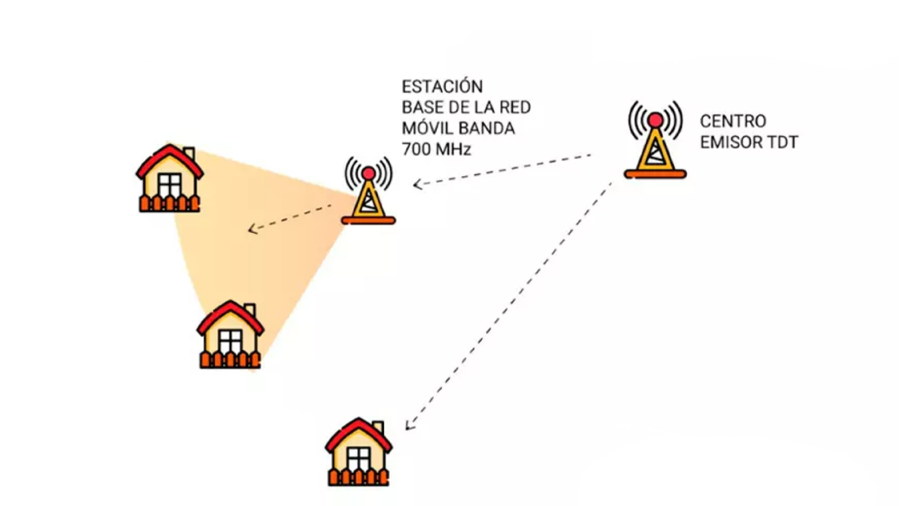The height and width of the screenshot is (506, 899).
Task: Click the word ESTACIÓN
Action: coord(442,87)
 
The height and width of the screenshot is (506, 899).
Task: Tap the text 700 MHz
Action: coord(436,149)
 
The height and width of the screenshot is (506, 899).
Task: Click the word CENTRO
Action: coord(733,121)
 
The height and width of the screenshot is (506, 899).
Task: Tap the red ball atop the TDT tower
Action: coord(656,120)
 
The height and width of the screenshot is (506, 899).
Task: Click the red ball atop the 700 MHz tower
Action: coord(368,173)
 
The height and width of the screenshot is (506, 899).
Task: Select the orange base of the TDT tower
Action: coord(655,175)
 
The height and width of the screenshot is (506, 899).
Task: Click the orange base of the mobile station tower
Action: coord(368,221)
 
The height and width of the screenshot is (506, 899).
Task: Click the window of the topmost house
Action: coord(169,185)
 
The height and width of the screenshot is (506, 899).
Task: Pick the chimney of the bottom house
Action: coord(378,427)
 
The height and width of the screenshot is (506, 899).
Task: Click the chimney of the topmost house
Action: coord(189,153)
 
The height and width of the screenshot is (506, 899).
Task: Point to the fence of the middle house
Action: coord(230,360)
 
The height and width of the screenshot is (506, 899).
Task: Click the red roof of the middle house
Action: coord(230,312)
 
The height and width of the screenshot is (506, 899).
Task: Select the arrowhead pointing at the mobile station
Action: coord(416,184)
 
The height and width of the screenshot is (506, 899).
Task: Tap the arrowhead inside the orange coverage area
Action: coord(252,229)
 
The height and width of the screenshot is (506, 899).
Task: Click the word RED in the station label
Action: coord(515,107)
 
